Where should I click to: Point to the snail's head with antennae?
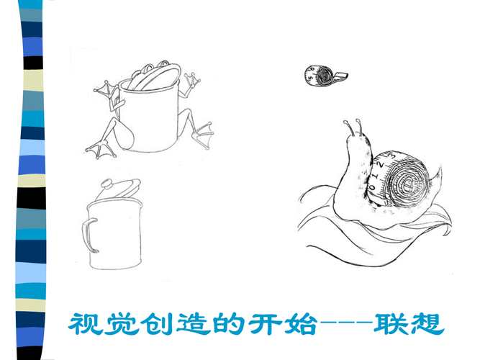[354, 138]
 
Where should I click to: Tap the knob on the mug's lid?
[107, 183]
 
